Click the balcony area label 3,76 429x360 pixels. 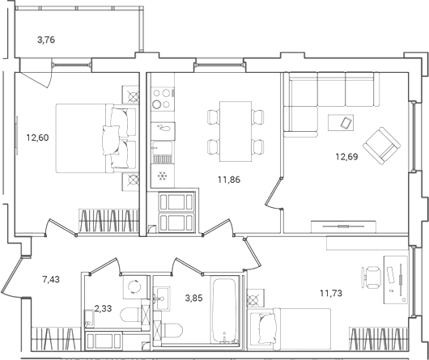click(x=46, y=40)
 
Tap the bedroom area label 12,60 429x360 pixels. click(x=37, y=138)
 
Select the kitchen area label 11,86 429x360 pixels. click(x=229, y=180)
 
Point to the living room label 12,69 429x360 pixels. click(x=347, y=157)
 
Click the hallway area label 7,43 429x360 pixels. click(x=51, y=280)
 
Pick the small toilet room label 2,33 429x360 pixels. click(x=103, y=308)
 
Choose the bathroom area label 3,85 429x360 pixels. click(x=194, y=298)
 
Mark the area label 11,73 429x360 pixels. click(x=331, y=294)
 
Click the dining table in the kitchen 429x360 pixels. click(x=236, y=132)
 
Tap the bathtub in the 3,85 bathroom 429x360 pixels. click(x=224, y=311)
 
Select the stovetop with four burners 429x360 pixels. click(x=163, y=99)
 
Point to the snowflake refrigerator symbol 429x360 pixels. click(x=163, y=176)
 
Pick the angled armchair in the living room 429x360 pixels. click(x=382, y=146)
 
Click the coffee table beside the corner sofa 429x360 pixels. click(x=341, y=123)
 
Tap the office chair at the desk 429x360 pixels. click(x=372, y=277)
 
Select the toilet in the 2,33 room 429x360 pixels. click(x=131, y=316)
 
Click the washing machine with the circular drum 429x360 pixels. click(x=135, y=287)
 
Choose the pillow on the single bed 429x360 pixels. click(x=267, y=328)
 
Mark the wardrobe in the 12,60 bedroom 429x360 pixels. click(x=108, y=221)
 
